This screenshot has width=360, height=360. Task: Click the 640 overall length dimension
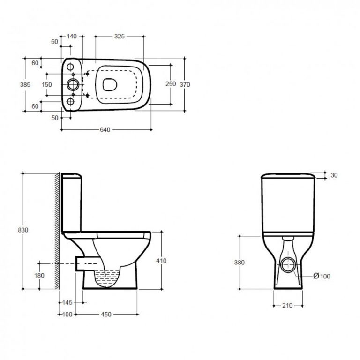point(105,130)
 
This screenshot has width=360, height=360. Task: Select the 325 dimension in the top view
point(120,36)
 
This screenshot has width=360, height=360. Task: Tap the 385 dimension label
point(25,85)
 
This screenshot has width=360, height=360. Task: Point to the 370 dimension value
point(185,85)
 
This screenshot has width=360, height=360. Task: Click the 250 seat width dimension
point(171,84)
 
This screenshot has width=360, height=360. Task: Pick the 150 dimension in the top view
point(47,85)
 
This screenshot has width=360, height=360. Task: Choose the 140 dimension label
point(72,36)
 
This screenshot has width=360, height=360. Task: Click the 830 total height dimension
point(23,230)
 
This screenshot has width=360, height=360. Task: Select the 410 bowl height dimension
point(161,261)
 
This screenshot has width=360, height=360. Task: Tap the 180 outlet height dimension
point(39,275)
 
